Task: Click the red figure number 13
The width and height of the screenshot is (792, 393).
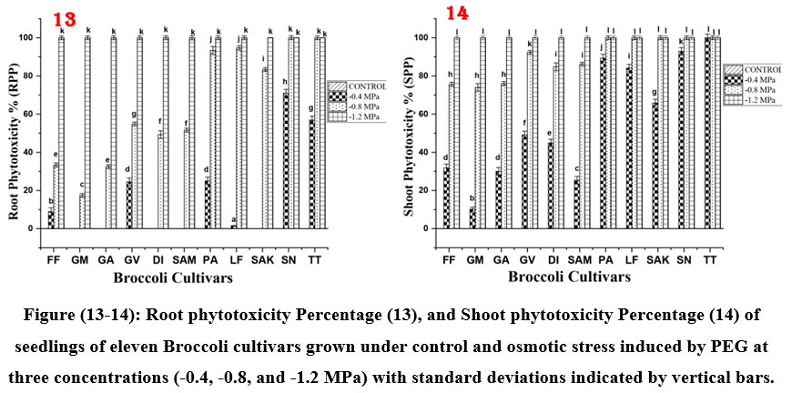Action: point(66,19)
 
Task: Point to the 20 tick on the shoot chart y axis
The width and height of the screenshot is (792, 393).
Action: point(421,190)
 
